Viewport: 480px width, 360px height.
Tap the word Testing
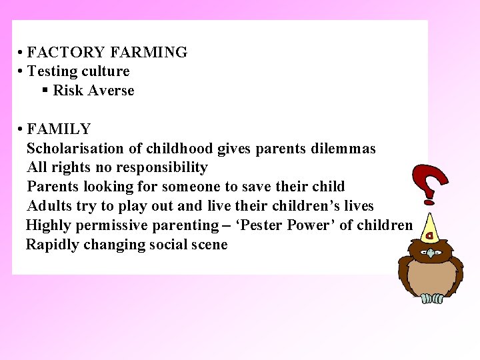point(51,71)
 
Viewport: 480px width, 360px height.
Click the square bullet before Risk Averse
point(45,90)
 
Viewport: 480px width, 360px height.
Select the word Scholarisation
point(75,148)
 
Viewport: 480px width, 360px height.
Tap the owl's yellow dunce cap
point(430,228)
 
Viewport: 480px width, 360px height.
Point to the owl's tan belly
point(431,277)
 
